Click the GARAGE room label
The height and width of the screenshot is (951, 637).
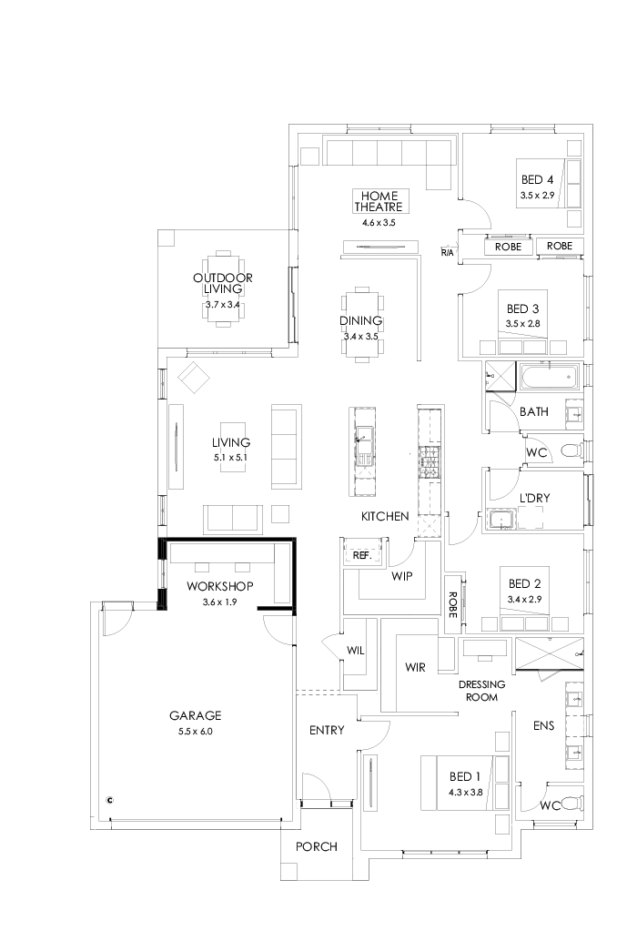click(195, 715)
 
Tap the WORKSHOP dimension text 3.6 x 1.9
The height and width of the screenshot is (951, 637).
click(219, 602)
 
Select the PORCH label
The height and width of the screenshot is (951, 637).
click(317, 846)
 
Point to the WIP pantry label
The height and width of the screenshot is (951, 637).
click(403, 576)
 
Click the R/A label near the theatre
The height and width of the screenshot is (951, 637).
click(447, 251)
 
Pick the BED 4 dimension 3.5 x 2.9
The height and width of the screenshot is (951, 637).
click(537, 195)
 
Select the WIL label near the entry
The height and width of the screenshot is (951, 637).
click(356, 650)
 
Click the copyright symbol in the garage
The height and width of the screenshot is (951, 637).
click(110, 801)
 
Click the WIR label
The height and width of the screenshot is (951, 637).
click(416, 667)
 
